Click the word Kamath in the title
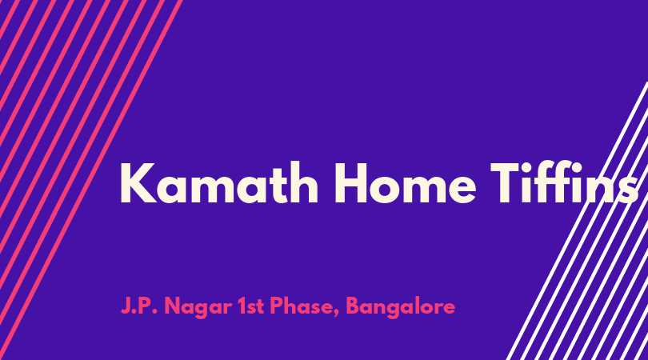(x=219, y=182)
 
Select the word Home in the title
(x=405, y=182)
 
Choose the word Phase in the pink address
(x=305, y=306)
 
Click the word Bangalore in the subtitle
(x=401, y=307)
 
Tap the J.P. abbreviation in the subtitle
(x=139, y=306)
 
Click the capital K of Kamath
(x=138, y=183)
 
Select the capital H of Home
(x=352, y=183)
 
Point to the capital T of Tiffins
(x=508, y=183)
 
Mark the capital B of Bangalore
(x=354, y=306)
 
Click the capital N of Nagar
(x=173, y=306)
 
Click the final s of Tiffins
(x=629, y=190)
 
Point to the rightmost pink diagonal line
(x=91, y=180)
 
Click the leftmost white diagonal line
(x=578, y=221)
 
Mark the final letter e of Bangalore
(x=450, y=308)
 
